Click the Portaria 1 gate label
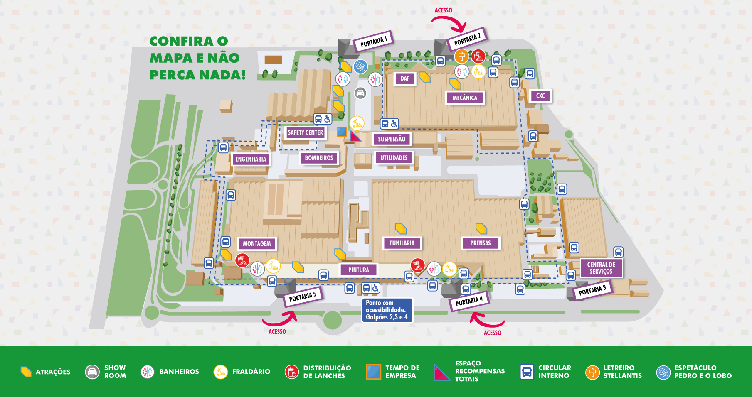point(373,41)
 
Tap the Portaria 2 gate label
point(467,39)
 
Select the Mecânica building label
point(465,98)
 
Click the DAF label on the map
point(404,78)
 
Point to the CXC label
point(540,96)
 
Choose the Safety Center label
point(305,132)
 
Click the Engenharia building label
point(250,159)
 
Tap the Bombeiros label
point(319,158)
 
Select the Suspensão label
point(392,139)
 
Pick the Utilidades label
point(394,158)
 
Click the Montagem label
point(256,244)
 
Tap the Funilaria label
point(402,243)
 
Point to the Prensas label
point(480,243)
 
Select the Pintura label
point(358,270)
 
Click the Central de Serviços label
point(601,268)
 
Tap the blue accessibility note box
point(387,310)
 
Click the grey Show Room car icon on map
point(360,93)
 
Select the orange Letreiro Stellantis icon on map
point(461,56)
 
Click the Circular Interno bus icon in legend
point(527,372)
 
